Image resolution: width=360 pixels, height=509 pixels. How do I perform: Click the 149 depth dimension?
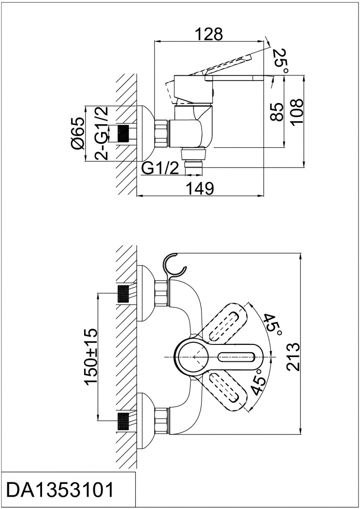click(x=199, y=188)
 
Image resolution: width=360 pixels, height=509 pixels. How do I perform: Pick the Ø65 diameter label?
click(x=78, y=133)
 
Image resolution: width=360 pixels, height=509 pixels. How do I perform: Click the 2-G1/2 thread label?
click(x=101, y=133)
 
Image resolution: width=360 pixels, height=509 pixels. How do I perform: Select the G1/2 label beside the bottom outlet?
click(x=160, y=168)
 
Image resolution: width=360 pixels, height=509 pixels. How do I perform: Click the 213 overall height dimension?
click(x=293, y=357)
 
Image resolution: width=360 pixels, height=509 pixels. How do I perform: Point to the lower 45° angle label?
click(x=259, y=383)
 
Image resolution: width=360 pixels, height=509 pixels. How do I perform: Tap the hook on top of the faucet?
click(x=174, y=265)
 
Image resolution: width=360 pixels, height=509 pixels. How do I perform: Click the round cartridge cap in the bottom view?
click(x=191, y=357)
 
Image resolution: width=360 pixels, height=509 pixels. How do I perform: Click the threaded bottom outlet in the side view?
click(x=194, y=165)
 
